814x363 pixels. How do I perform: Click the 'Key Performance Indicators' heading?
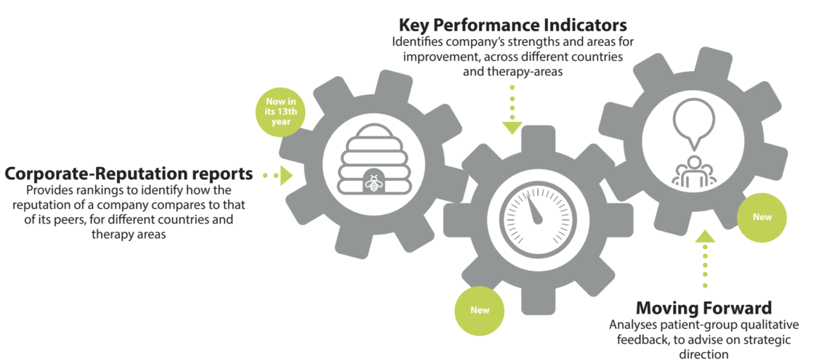coord(512,25)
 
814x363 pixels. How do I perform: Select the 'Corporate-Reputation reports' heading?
coord(129,174)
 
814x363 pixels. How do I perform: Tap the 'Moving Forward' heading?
coord(704,308)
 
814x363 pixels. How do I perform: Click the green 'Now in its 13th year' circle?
coord(281,112)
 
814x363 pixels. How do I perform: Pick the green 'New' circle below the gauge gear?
coord(480,310)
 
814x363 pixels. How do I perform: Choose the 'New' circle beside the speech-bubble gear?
coord(762,217)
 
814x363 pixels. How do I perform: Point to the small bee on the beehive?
coord(373,182)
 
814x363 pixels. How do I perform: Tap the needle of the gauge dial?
coord(534,209)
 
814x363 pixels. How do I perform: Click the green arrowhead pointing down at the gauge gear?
coord(512,128)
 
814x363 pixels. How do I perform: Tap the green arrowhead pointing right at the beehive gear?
coord(286,175)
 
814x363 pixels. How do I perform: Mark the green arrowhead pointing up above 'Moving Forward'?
coord(705,237)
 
